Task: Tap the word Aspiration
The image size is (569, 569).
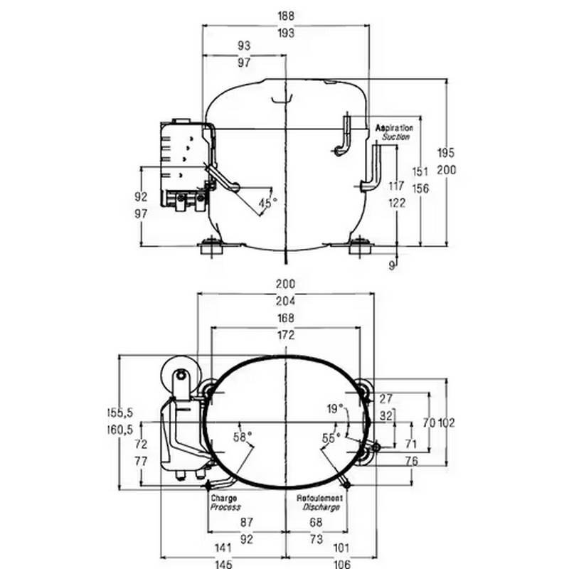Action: click(x=395, y=127)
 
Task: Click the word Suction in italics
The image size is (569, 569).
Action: click(x=396, y=137)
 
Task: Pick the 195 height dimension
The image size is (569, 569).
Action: click(x=446, y=153)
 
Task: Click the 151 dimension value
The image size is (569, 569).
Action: click(x=420, y=171)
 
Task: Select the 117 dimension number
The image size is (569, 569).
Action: click(x=396, y=186)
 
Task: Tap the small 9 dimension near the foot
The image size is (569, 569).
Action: click(x=392, y=265)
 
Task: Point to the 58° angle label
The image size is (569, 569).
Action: click(x=243, y=437)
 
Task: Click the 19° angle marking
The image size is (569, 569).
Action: click(x=335, y=408)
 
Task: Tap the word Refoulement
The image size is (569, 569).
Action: click(x=319, y=499)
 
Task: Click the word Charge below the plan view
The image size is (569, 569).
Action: click(x=223, y=499)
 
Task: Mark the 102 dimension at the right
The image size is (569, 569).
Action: click(x=446, y=422)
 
